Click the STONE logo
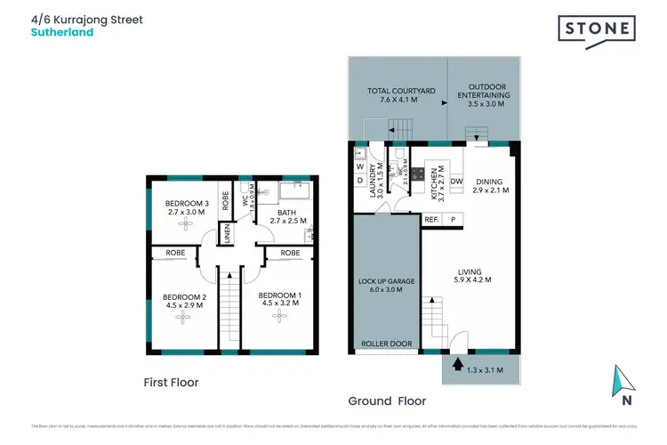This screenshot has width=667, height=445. (x=597, y=28)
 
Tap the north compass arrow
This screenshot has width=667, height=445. (x=627, y=384)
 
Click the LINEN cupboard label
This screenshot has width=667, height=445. (x=227, y=235)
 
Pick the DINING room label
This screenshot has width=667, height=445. (x=490, y=184)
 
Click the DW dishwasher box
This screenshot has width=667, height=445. (x=455, y=182)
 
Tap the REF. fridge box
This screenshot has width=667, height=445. (x=431, y=219)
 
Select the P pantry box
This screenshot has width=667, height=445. (x=453, y=219)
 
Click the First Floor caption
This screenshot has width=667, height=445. (x=171, y=382)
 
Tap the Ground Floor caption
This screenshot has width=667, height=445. (x=387, y=400)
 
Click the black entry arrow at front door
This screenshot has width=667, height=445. (x=458, y=363)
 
